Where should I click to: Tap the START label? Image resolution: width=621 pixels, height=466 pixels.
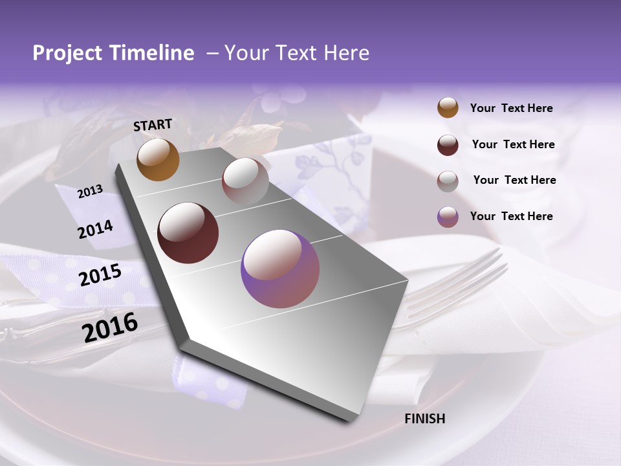click(x=153, y=125)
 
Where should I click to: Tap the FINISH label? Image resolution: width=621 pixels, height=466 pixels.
click(x=424, y=419)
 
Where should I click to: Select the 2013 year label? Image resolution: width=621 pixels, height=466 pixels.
click(x=90, y=192)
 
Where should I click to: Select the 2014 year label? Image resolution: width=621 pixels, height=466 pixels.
click(x=95, y=229)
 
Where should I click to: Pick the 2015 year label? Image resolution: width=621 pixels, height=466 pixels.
click(x=100, y=275)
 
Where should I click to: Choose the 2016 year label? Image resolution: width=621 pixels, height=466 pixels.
click(x=110, y=327)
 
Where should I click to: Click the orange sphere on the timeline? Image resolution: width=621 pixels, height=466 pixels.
click(x=158, y=160)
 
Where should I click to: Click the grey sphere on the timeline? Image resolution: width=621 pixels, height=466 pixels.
click(x=245, y=181)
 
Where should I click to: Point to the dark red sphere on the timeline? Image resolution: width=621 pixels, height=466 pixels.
click(x=188, y=233)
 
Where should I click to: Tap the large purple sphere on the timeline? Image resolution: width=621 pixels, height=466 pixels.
click(x=280, y=269)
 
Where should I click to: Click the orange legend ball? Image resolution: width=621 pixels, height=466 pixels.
click(x=448, y=107)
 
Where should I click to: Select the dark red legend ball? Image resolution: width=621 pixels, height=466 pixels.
click(x=448, y=145)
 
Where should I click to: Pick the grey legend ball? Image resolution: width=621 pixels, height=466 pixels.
click(x=448, y=181)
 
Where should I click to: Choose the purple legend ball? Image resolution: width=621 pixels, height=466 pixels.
click(x=448, y=217)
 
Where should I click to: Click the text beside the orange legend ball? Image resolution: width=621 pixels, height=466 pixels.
click(x=511, y=108)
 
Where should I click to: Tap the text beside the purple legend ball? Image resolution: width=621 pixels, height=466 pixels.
click(x=511, y=216)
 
